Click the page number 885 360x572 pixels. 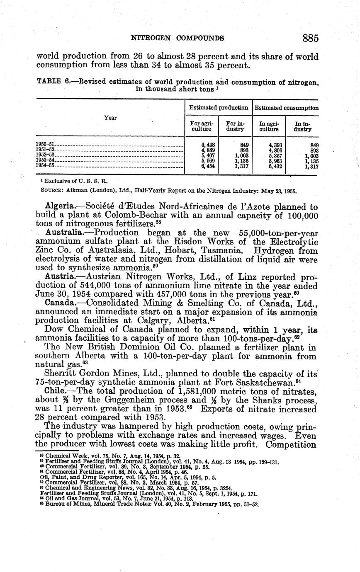[x=310, y=38]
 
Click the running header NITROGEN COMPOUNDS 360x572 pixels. [x=178, y=38]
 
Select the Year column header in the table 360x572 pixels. [x=110, y=118]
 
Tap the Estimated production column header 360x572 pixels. [x=219, y=108]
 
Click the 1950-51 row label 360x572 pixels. [x=46, y=145]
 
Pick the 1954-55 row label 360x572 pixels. [x=46, y=165]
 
